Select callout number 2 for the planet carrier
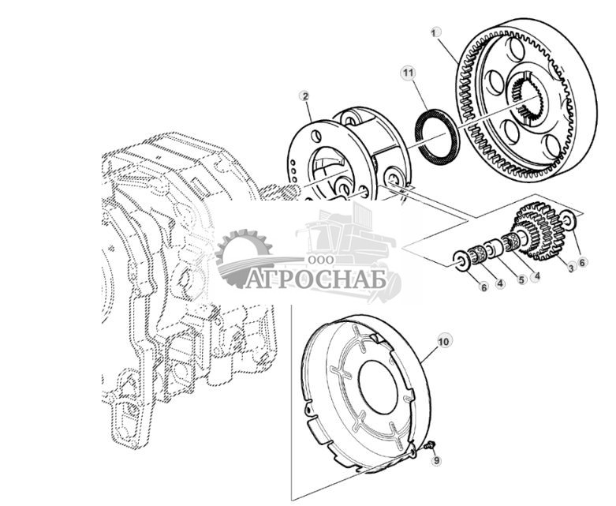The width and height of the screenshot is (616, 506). click(x=304, y=96)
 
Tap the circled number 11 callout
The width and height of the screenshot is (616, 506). click(x=407, y=73)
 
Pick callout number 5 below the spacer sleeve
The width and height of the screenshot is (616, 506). click(x=521, y=279)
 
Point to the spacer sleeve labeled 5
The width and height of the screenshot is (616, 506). click(x=494, y=249)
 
